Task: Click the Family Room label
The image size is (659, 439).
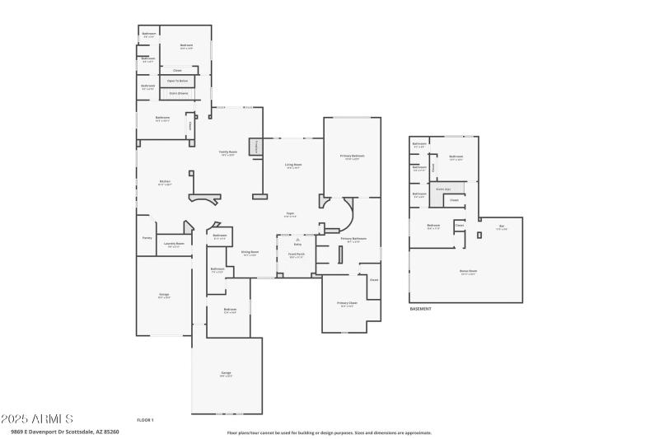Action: point(228,153)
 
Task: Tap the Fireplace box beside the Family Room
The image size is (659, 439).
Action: point(256,147)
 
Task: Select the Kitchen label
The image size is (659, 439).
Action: point(165,182)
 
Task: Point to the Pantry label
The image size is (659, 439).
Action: point(147,237)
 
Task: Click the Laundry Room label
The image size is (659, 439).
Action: point(174,244)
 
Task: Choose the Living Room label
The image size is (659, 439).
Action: point(292,166)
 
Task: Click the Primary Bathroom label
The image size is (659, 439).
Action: point(353,240)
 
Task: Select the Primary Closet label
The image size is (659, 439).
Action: point(348,303)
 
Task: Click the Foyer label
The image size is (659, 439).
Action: point(290,213)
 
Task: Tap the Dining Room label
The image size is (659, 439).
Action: point(250,253)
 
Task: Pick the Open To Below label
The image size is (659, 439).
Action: point(177,81)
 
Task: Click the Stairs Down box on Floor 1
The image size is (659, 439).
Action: point(177,94)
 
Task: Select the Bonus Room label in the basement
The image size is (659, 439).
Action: point(468,271)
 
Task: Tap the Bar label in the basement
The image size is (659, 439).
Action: point(501,227)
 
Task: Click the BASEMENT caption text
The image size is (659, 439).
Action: point(421,309)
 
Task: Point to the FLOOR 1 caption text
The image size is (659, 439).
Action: point(145,420)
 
